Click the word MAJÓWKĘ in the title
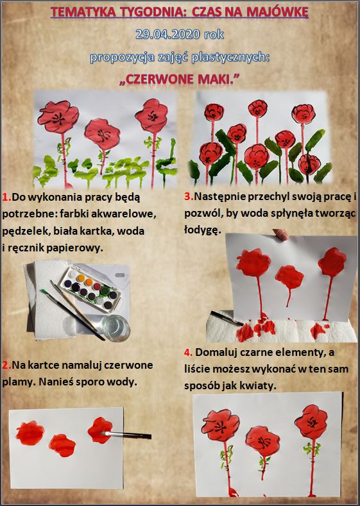point(277,12)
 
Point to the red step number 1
point(7,197)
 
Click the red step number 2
point(7,365)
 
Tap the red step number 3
point(189,196)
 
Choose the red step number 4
point(188,352)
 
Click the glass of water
point(116,327)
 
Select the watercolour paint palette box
point(91,287)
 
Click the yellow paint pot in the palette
point(81,278)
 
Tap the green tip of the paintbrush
point(44,292)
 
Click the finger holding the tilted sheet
point(280,234)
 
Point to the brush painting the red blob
point(125,435)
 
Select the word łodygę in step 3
point(203,230)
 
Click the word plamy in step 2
point(19,382)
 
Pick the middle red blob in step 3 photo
point(289,278)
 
